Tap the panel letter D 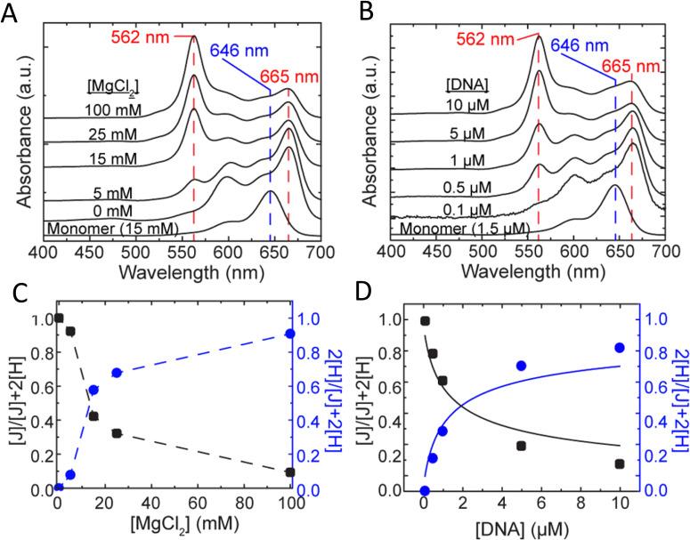361,289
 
